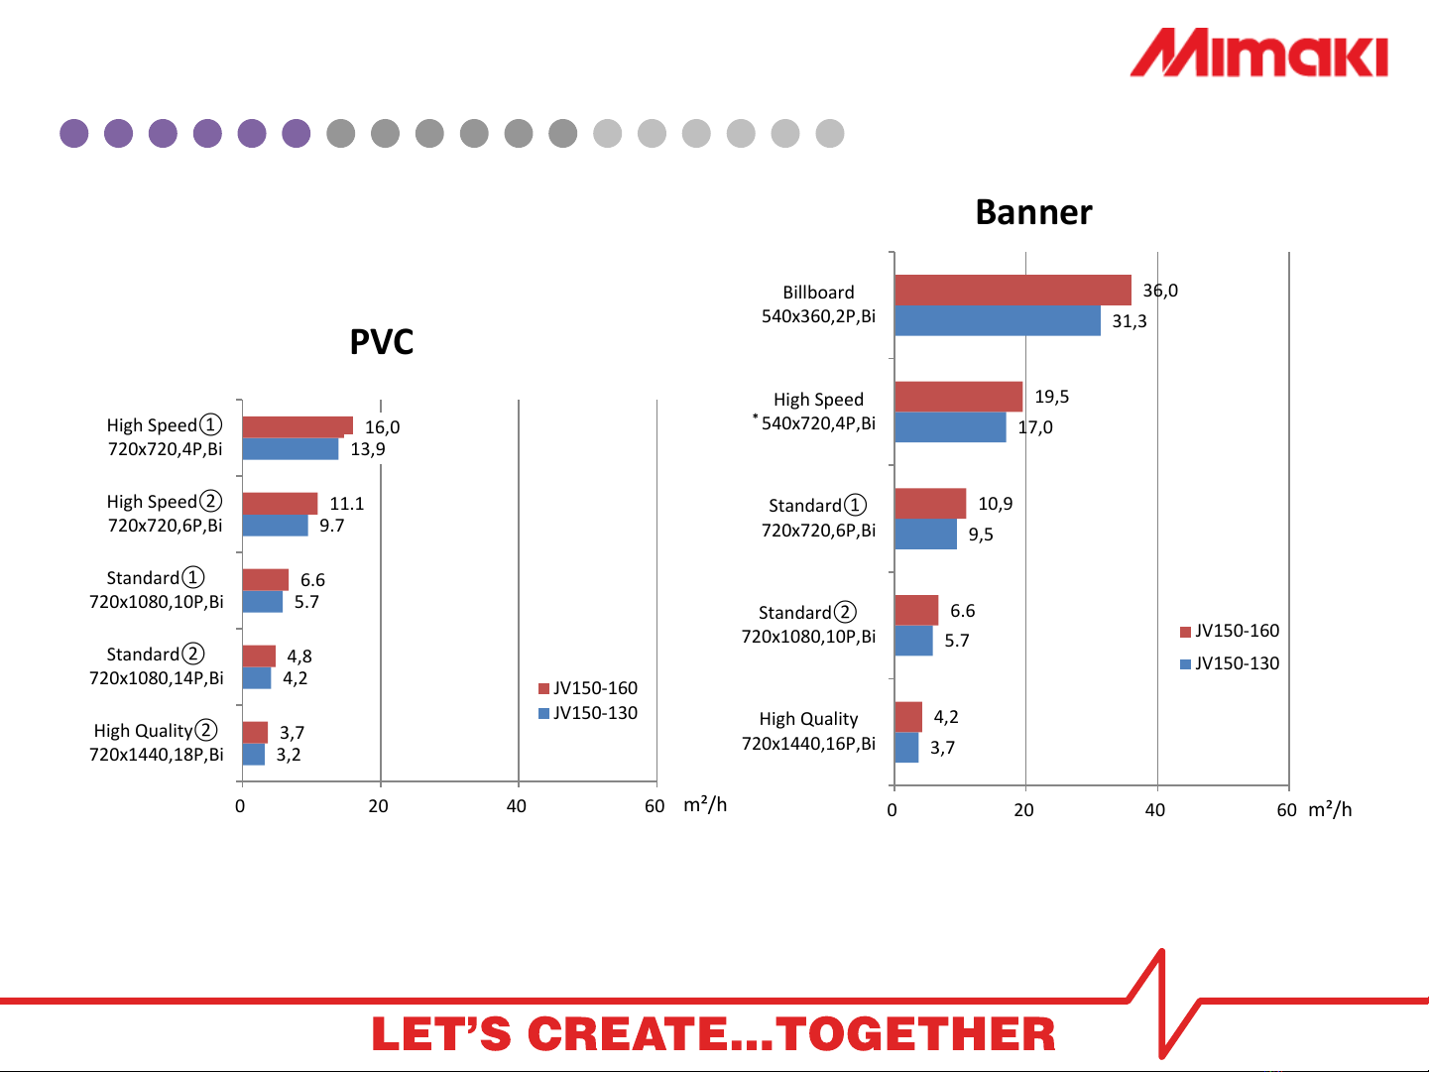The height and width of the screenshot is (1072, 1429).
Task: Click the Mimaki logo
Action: coord(1258,53)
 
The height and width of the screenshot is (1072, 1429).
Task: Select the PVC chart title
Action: coord(382,342)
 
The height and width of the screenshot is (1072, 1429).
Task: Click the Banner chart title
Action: coord(1034,213)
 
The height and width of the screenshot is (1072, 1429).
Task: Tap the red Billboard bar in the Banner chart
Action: coord(1012,290)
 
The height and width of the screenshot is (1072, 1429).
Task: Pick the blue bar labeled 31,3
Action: coord(998,321)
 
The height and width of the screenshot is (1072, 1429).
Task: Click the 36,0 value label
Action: coord(1160,291)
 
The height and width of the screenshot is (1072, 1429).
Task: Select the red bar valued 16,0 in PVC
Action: coord(298,427)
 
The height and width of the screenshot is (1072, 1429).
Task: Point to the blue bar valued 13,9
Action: coord(291,449)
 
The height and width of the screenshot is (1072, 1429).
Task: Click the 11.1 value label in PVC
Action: coord(346,504)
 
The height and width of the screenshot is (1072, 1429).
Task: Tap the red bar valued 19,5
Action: coord(958,397)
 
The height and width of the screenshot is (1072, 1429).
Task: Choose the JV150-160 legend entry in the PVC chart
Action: coord(588,688)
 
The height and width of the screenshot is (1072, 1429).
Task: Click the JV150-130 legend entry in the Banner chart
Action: coord(1230,663)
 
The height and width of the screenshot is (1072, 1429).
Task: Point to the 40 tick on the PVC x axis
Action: coord(517,806)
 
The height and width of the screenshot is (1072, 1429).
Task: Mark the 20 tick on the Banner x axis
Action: coord(1023,810)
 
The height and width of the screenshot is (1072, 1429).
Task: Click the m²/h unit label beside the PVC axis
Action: coord(705,805)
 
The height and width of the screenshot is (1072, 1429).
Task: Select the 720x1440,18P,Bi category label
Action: coord(157,755)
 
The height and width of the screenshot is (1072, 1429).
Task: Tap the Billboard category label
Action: coord(818,293)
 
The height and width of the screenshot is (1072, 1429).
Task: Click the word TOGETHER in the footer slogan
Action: coord(915,1034)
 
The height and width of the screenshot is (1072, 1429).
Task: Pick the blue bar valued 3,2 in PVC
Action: coord(253,755)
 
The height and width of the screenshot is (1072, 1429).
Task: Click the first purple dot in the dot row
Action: coord(74,134)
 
